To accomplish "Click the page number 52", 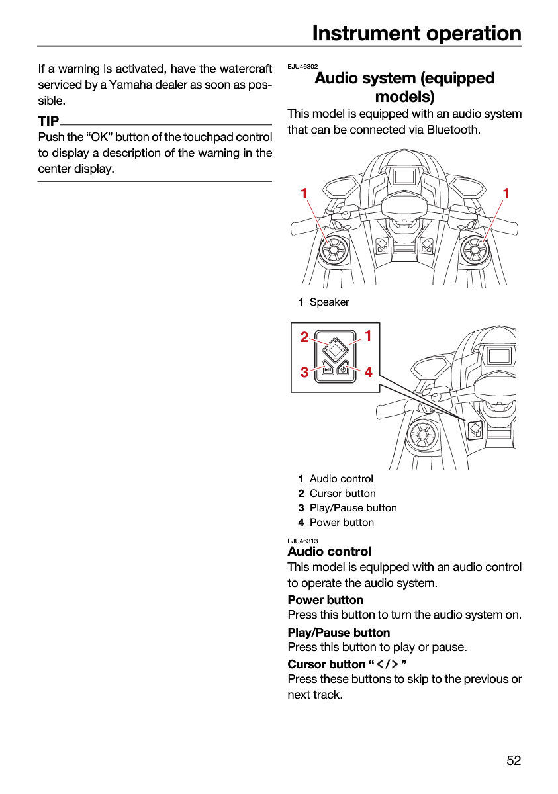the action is [x=514, y=760].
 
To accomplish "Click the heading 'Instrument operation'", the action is [x=416, y=34].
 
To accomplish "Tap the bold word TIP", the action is [x=48, y=121].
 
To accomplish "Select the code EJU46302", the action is [x=302, y=67].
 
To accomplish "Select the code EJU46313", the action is [x=302, y=541].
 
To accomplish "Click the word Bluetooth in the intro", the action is [x=452, y=130].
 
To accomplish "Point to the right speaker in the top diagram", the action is [x=475, y=250].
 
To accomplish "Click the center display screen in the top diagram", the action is [x=404, y=176].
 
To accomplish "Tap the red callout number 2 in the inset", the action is [x=304, y=337].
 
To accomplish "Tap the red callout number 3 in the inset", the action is [x=304, y=372].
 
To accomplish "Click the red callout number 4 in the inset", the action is [x=369, y=372].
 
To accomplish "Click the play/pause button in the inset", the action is [x=328, y=369].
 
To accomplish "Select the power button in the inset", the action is [x=343, y=369].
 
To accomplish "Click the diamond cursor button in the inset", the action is [x=335, y=350].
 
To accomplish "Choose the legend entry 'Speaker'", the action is [x=330, y=302].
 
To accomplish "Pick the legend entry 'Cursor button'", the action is [x=342, y=494].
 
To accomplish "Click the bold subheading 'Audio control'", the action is [x=330, y=552].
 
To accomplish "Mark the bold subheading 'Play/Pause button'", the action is [x=338, y=633].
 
